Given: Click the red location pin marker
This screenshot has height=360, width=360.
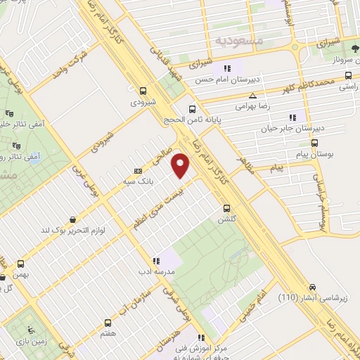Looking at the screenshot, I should (182, 166).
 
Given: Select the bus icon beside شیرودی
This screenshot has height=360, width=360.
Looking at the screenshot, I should (143, 90).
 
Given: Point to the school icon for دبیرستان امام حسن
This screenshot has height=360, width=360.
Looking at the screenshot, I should (227, 69).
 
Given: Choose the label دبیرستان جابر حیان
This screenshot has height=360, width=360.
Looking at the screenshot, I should (320, 129).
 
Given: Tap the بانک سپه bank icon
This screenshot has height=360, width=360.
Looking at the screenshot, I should (138, 170).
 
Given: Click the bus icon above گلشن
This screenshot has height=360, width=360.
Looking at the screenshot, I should (226, 207).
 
